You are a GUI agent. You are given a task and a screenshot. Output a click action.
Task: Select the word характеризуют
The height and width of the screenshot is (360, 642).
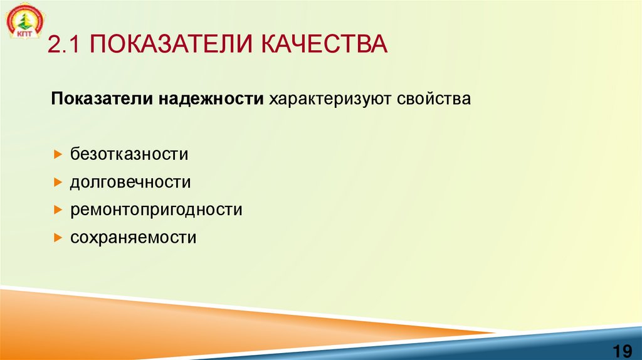330,100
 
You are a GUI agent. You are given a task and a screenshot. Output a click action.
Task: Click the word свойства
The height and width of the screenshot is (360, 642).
433,100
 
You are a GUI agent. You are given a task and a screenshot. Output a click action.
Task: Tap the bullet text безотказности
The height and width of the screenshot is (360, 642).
129,154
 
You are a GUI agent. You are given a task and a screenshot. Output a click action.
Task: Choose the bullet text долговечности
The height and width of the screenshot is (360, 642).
130,182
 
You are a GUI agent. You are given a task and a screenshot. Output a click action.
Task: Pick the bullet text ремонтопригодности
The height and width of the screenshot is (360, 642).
156,210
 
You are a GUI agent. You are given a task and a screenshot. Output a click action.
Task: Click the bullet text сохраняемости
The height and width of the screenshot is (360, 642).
134,238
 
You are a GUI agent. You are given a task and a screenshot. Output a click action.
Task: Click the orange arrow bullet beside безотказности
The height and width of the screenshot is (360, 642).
57,154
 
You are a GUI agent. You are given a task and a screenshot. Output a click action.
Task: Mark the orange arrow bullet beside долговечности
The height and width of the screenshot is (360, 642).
57,183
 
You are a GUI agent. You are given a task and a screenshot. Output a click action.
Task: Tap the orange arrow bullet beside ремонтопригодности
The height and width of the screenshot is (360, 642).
57,210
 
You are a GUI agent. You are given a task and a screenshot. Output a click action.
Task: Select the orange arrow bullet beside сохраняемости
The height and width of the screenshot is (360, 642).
57,238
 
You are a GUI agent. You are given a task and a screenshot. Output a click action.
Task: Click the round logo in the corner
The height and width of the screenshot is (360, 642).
24,21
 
